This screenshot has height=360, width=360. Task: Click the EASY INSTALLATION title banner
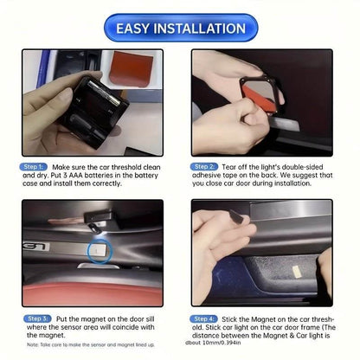[x=180, y=28]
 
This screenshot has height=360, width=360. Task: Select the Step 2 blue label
[x=205, y=164]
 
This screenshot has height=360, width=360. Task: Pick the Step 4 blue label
[x=205, y=318]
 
